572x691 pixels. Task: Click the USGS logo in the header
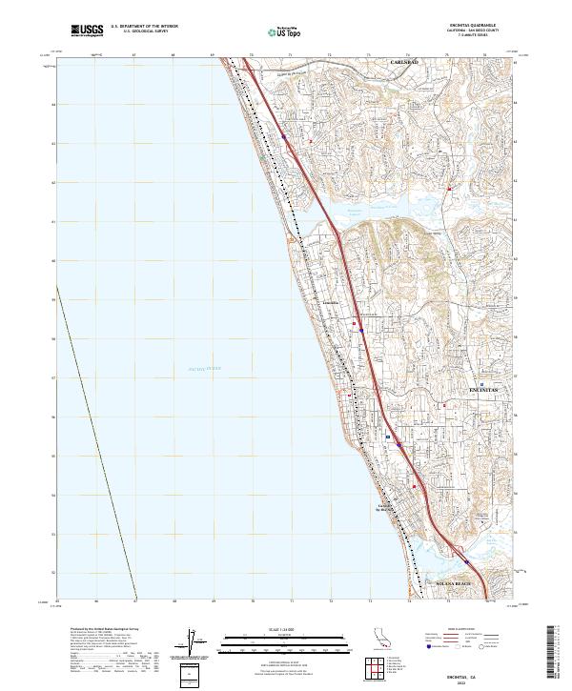click(88, 30)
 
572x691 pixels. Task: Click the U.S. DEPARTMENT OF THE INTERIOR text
click(144, 26)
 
